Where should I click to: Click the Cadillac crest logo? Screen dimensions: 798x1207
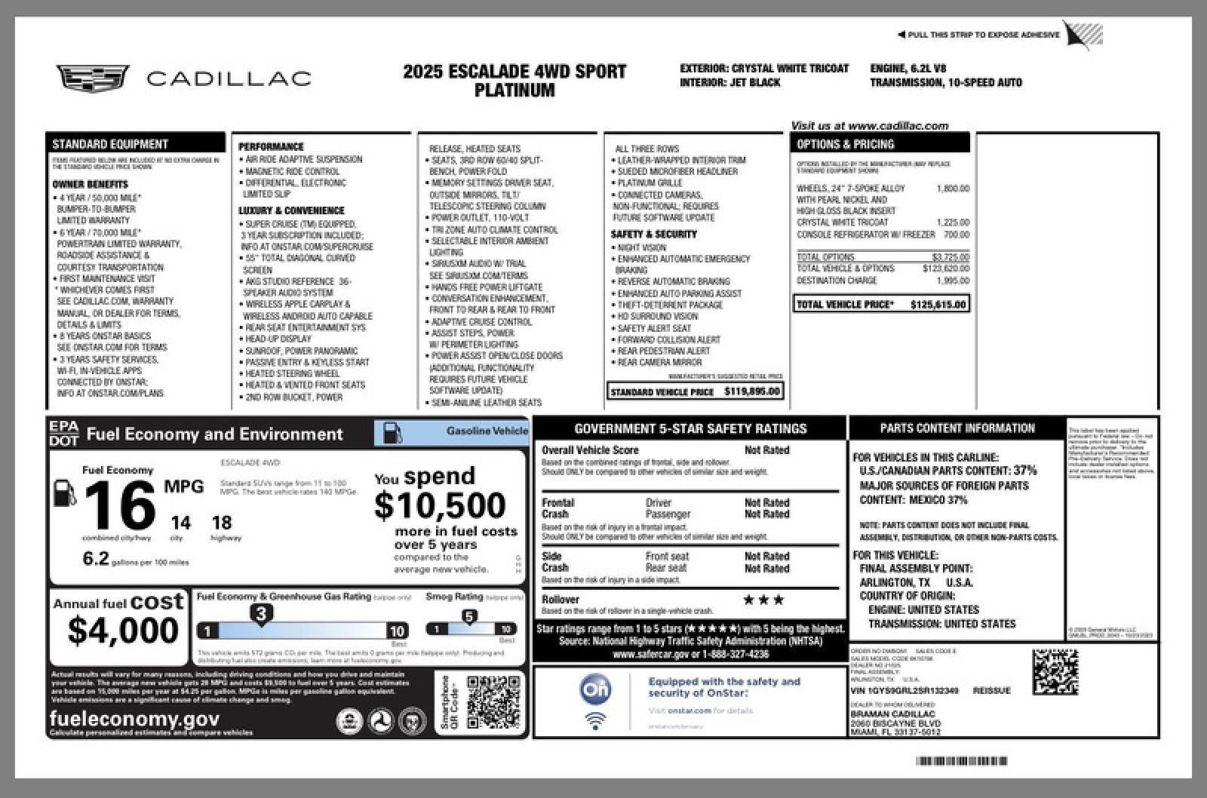pyautogui.click(x=92, y=78)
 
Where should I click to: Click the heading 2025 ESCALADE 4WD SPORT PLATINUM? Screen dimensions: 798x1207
pyautogui.click(x=514, y=81)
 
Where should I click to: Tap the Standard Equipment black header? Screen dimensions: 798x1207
pyautogui.click(x=135, y=143)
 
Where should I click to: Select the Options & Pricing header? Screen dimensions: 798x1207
pyautogui.click(x=880, y=143)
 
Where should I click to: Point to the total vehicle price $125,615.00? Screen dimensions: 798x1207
pyautogui.click(x=938, y=305)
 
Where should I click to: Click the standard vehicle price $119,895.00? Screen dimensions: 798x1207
pyautogui.click(x=751, y=391)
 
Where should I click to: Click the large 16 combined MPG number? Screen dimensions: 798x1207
pyautogui.click(x=120, y=505)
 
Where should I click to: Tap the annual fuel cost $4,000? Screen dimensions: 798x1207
pyautogui.click(x=122, y=630)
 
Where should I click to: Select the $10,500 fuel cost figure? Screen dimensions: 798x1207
pyautogui.click(x=440, y=505)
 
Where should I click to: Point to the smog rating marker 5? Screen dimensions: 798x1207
pyautogui.click(x=469, y=617)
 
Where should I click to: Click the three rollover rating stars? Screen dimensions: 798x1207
pyautogui.click(x=763, y=600)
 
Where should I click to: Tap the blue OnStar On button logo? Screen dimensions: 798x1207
pyautogui.click(x=595, y=689)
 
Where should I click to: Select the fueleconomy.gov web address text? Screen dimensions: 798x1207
pyautogui.click(x=134, y=719)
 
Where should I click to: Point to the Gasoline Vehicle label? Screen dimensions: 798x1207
pyautogui.click(x=487, y=431)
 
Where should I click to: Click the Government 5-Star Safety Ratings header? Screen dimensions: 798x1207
pyautogui.click(x=690, y=428)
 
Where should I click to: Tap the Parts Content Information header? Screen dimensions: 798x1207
pyautogui.click(x=957, y=428)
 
